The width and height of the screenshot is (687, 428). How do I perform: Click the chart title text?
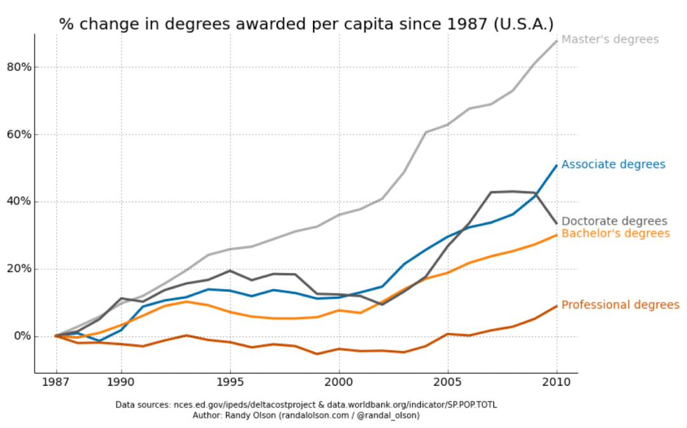[306, 24]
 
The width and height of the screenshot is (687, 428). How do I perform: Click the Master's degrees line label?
[610, 39]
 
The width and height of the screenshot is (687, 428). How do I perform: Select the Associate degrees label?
[613, 164]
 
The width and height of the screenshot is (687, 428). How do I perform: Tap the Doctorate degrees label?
[614, 222]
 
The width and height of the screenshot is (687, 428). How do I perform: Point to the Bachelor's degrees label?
[616, 234]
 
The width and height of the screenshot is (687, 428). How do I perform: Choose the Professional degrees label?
[620, 305]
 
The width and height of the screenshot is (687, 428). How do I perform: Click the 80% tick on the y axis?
[18, 68]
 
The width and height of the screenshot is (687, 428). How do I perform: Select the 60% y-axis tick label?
[18, 135]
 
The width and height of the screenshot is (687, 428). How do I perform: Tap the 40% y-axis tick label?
[18, 202]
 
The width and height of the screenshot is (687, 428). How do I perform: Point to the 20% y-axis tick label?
[18, 269]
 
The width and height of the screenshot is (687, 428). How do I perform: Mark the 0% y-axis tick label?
[21, 336]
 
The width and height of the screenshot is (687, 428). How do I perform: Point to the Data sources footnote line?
[310, 405]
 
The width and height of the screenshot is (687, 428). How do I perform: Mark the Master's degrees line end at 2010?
[557, 41]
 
